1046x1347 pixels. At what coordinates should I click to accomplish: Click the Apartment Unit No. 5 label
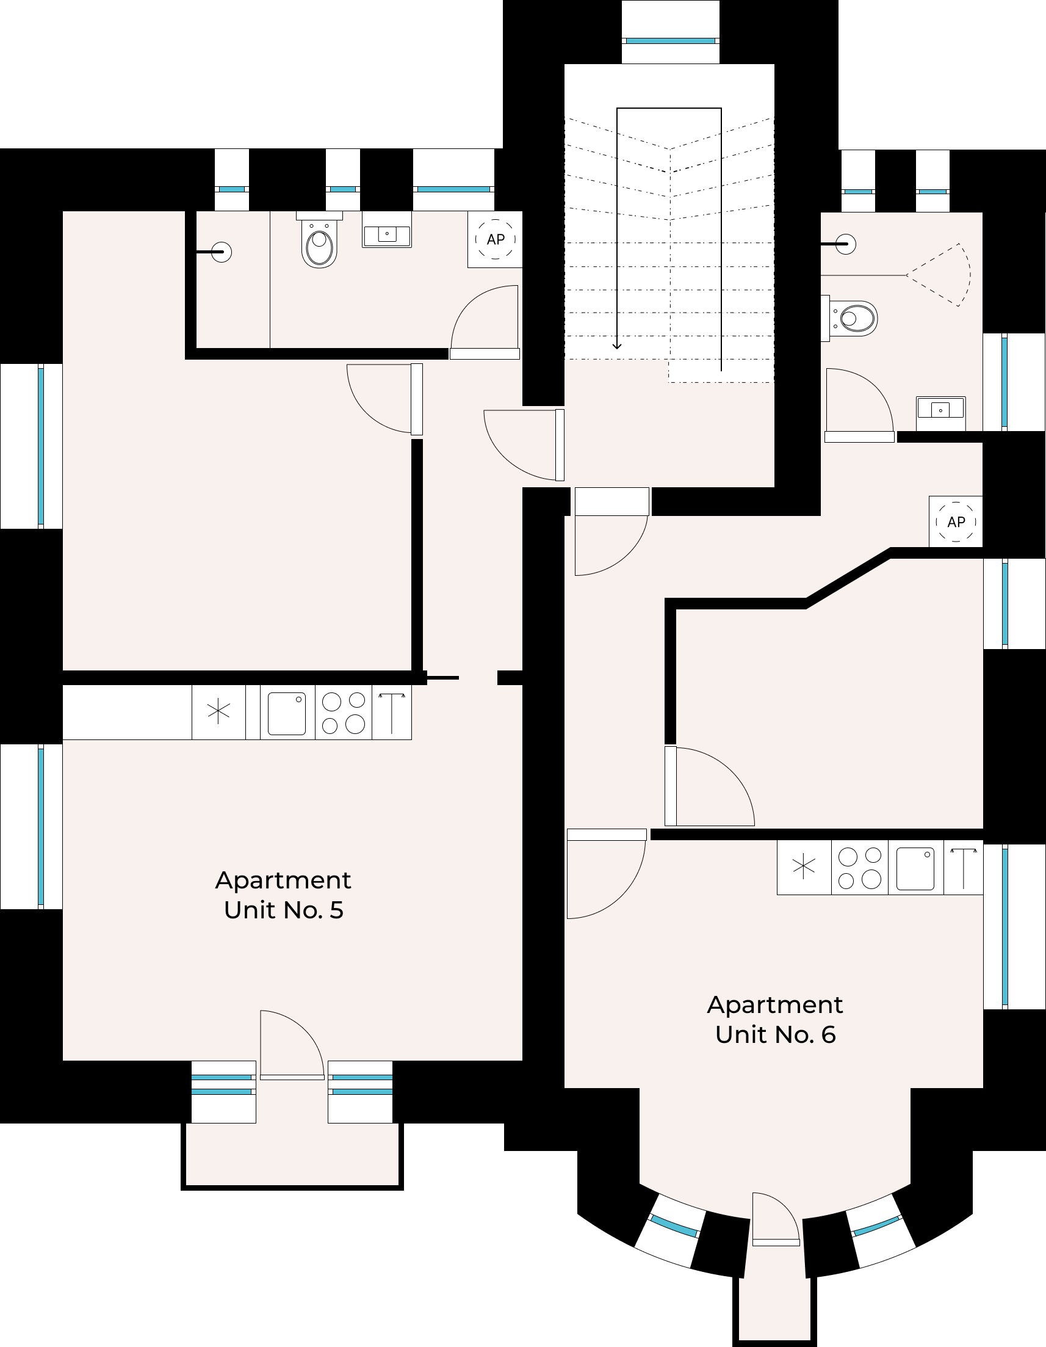[283, 895]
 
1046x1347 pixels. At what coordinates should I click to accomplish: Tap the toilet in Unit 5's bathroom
[319, 240]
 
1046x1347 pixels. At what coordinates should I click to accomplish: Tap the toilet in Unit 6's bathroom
[849, 318]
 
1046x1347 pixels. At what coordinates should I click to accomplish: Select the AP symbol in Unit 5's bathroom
[496, 239]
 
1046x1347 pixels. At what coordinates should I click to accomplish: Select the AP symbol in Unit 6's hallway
[956, 522]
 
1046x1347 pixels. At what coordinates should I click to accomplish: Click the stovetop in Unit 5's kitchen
[344, 713]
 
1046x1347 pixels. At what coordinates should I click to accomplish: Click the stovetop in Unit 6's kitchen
[860, 867]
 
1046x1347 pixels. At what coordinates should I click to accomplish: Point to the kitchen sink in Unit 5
[287, 713]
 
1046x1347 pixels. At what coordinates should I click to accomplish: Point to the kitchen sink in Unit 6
[915, 868]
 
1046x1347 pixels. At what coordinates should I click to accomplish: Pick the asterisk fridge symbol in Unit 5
[219, 712]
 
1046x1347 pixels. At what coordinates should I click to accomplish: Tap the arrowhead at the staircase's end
[617, 346]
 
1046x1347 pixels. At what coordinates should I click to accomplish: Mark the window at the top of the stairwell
[670, 41]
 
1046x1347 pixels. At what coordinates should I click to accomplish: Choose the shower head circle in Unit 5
[222, 252]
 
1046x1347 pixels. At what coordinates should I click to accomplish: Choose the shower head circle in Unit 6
[846, 244]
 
